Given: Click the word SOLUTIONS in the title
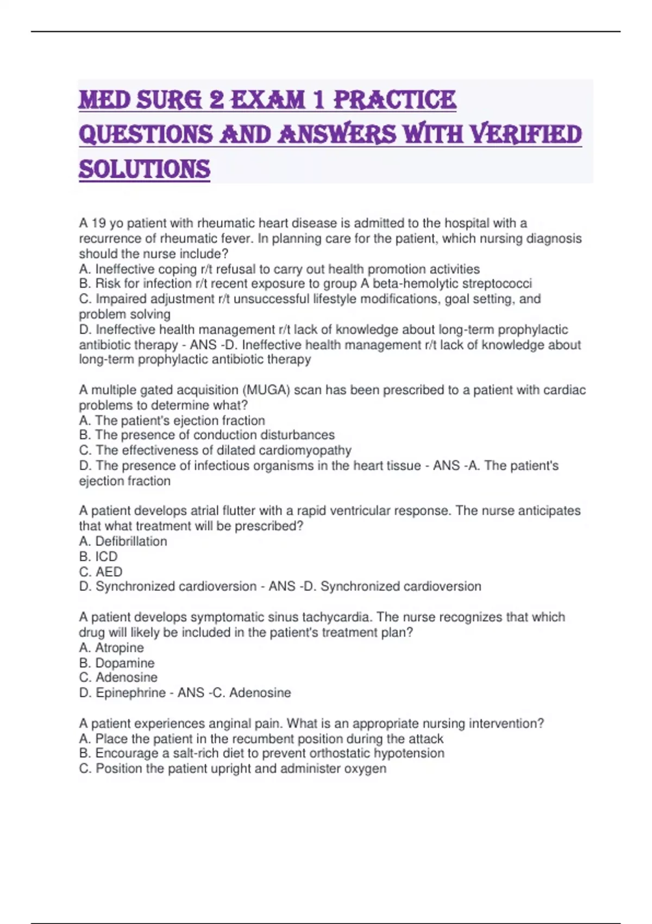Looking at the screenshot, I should click(145, 169).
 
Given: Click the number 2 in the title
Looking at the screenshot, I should click(217, 100).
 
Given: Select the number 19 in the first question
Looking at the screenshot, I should click(98, 223).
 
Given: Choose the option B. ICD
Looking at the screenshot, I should click(98, 557).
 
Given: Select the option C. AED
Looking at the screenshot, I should click(101, 572).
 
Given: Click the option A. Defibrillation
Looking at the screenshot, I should click(123, 541).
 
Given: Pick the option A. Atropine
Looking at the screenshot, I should click(111, 648).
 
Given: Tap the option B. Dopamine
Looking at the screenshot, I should click(116, 663).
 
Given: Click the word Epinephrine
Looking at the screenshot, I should click(130, 693).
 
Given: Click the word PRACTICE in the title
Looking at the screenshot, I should click(394, 100).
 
